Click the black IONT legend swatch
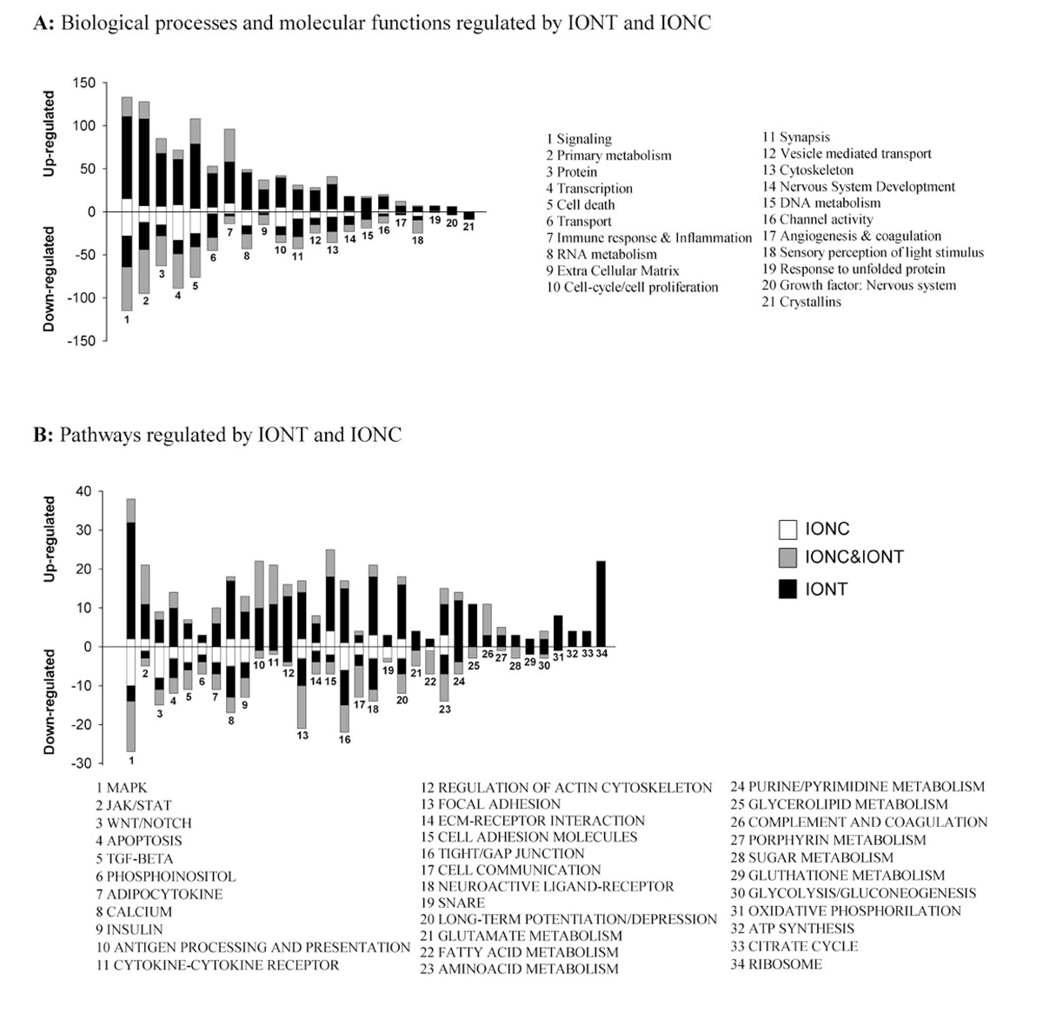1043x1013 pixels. (787, 589)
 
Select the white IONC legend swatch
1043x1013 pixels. (787, 529)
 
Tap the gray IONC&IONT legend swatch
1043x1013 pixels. (787, 557)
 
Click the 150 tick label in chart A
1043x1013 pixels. (85, 83)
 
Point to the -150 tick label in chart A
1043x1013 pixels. (82, 341)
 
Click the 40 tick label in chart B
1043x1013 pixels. (83, 491)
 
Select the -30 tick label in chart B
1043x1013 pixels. (82, 763)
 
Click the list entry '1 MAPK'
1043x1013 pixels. (122, 788)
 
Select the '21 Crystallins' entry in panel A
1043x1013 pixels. (801, 302)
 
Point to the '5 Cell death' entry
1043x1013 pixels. (580, 204)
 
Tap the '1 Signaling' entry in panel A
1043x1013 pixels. (579, 138)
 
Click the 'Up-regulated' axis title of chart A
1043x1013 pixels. (50, 134)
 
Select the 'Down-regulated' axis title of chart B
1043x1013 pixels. (50, 702)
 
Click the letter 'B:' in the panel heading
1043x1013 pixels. (43, 434)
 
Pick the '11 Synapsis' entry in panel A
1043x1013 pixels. (795, 137)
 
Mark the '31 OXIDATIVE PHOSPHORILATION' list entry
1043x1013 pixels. (845, 910)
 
